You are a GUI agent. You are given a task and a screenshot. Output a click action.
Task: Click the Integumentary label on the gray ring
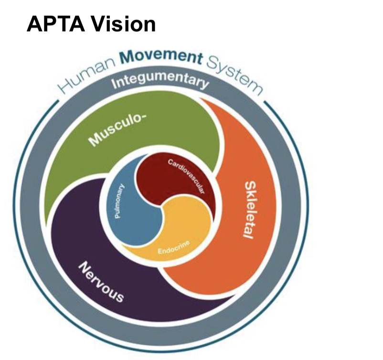(x=160, y=81)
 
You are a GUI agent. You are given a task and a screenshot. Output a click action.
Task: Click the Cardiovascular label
(x=186, y=175)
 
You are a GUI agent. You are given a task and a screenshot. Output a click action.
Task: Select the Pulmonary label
(x=119, y=201)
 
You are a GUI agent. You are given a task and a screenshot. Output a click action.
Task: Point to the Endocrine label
(x=174, y=247)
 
